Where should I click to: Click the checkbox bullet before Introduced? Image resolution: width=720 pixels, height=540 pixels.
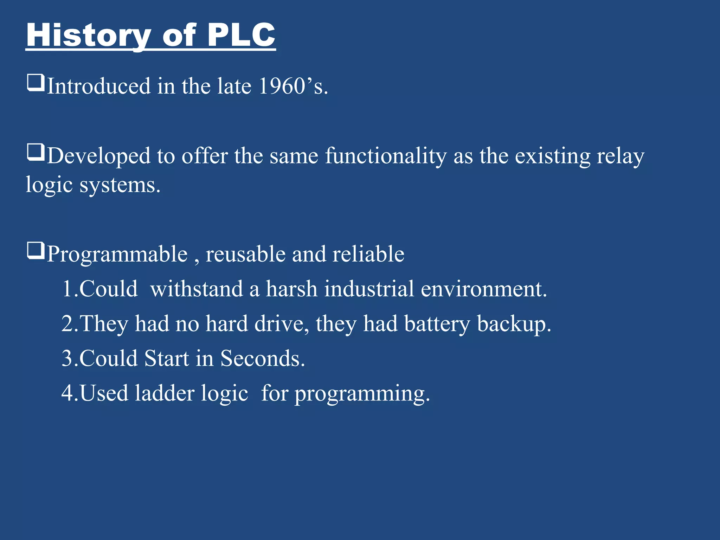[36, 83]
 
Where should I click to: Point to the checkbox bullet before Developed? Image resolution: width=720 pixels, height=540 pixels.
[36, 153]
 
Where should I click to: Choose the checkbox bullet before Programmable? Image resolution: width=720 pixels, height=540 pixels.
[36, 251]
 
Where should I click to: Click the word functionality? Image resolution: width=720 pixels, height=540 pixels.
[386, 156]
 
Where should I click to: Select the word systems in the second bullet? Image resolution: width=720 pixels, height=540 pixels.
[120, 185]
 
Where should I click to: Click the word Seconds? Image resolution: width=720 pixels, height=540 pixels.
[262, 359]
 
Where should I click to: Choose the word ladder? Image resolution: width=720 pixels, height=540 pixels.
[165, 393]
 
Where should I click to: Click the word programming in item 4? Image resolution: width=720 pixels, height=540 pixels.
[362, 394]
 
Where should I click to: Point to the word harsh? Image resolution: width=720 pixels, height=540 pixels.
[291, 289]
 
